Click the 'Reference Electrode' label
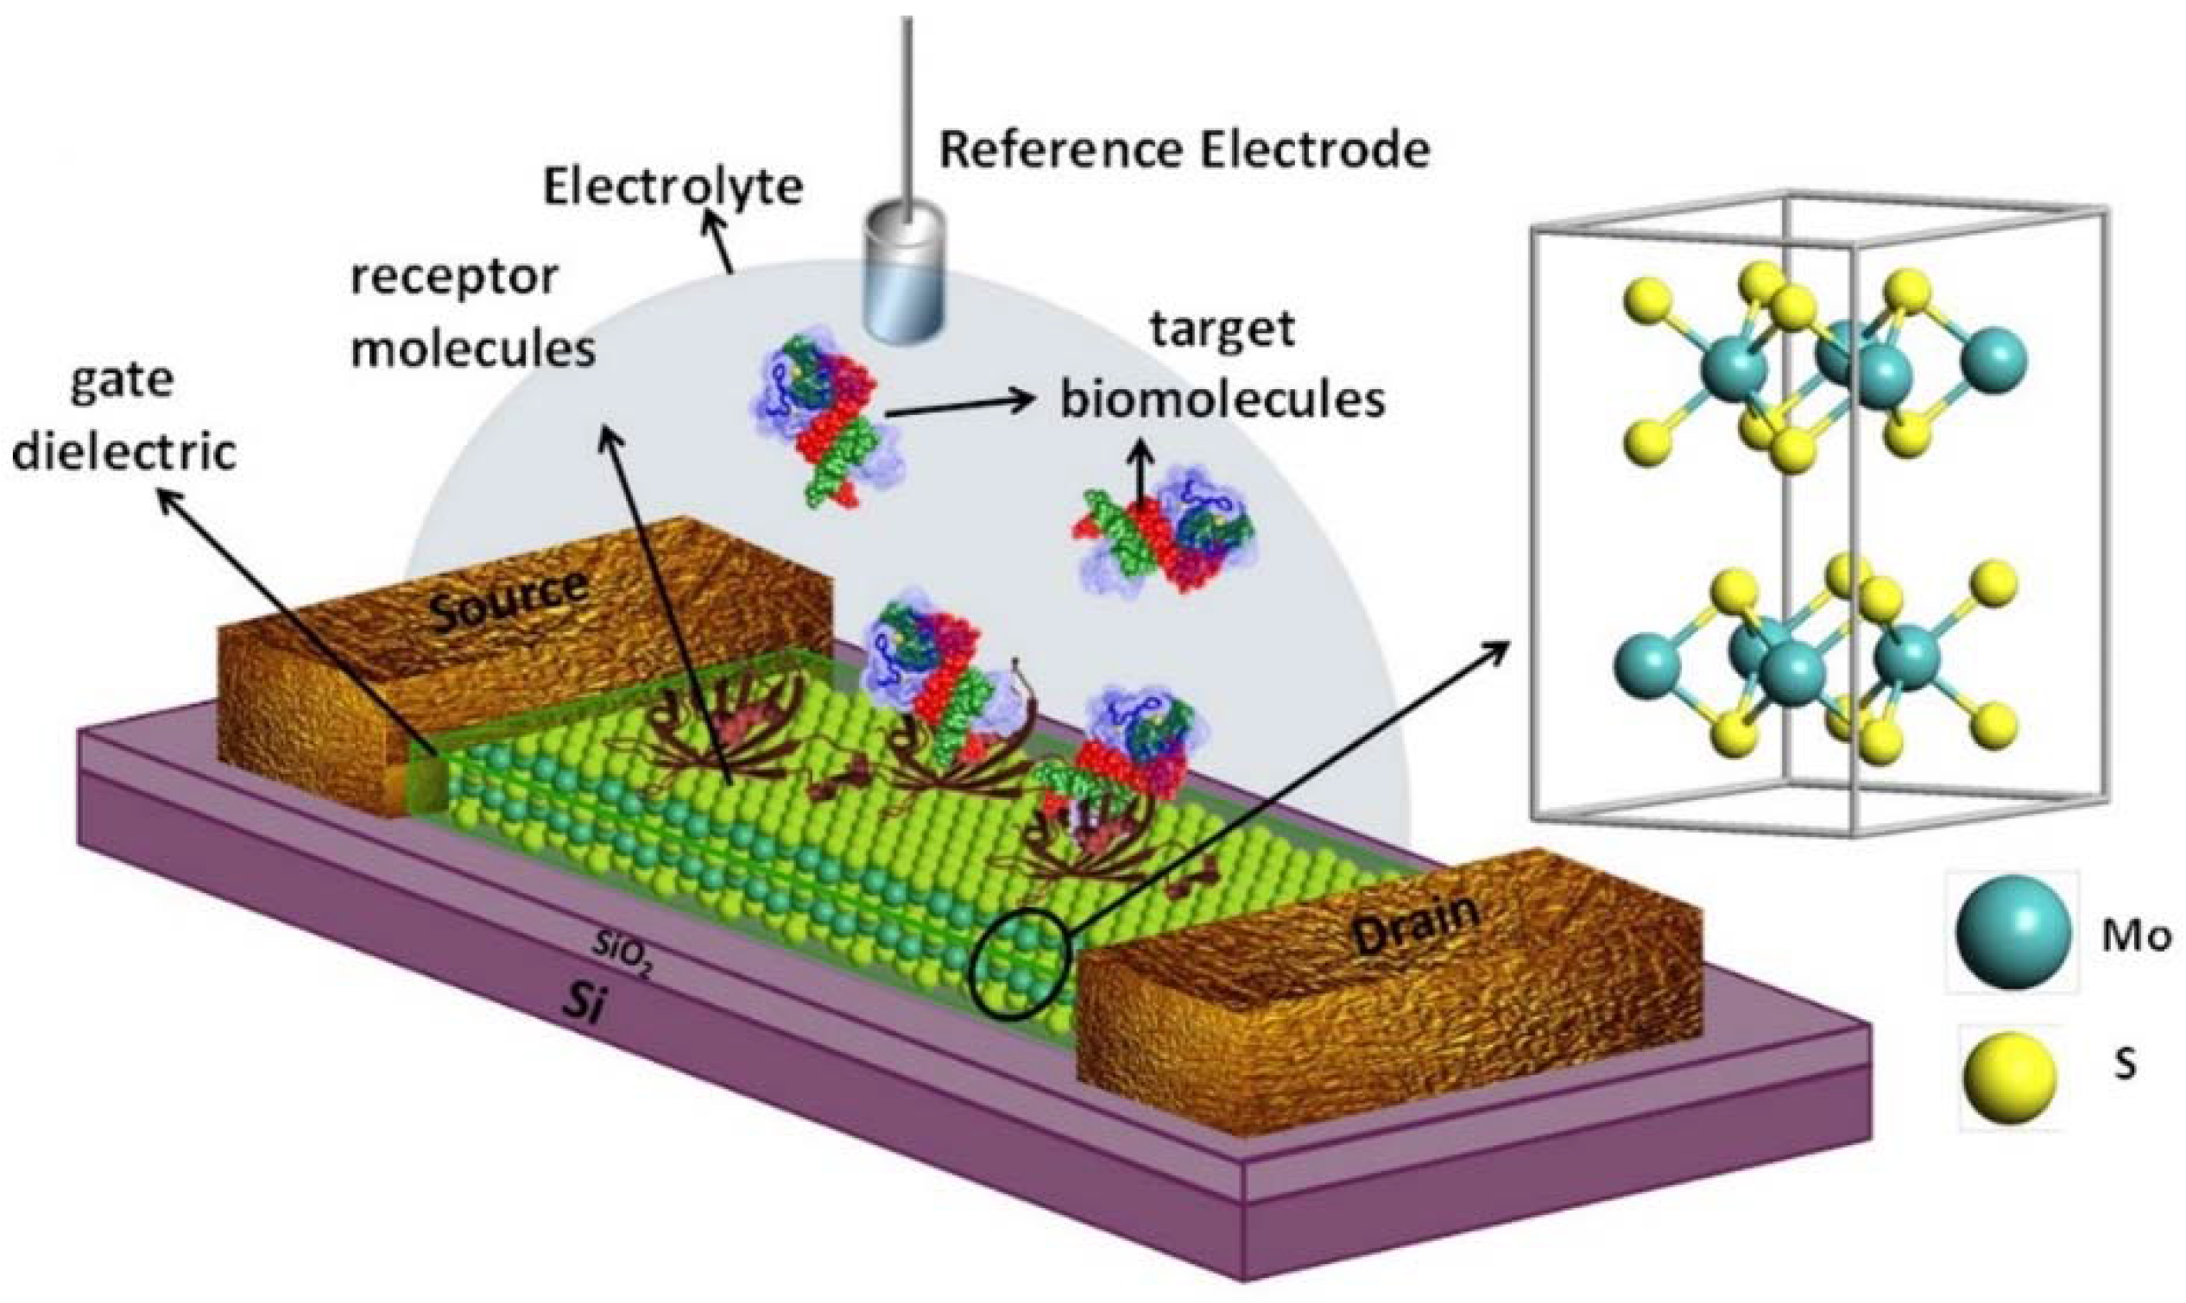1184,151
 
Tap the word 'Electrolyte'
673,187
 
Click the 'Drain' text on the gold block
1415,924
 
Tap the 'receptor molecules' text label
472,312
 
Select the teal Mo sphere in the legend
2012,933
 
